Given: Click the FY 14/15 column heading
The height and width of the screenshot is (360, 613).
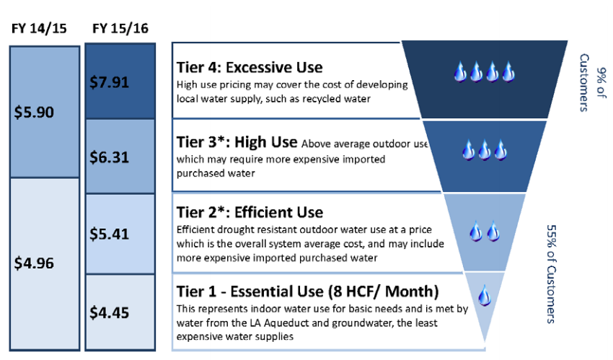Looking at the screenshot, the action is tap(39, 29).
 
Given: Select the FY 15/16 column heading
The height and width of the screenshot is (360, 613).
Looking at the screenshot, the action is tap(120, 29).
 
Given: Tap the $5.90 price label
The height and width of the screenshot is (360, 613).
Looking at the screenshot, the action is tap(34, 113).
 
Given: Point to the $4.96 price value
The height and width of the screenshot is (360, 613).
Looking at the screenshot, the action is tap(34, 263).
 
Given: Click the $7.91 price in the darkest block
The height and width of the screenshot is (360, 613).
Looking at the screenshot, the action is tap(109, 82).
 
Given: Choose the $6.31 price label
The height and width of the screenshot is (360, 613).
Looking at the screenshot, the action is tap(109, 157).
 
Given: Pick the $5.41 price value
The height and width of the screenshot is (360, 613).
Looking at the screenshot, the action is tap(109, 234).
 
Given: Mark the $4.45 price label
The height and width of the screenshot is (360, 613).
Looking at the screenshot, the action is tap(109, 312).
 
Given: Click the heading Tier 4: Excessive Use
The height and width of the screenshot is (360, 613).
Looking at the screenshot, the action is tap(250, 68).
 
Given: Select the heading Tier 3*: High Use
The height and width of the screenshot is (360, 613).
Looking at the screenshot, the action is tap(237, 142).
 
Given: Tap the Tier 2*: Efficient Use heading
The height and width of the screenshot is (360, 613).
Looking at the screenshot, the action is tap(250, 213).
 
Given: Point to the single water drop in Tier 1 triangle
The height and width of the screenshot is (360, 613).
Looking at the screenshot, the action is tap(485, 296).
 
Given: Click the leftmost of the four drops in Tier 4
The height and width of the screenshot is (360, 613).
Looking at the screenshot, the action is tap(460, 71).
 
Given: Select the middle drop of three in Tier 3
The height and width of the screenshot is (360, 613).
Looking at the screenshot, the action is tap(485, 150).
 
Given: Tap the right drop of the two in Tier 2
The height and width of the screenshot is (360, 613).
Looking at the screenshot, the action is tap(493, 231).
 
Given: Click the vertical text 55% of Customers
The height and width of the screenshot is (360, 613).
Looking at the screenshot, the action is tap(551, 274).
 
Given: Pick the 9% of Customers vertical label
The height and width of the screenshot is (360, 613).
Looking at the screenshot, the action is tap(592, 82).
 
